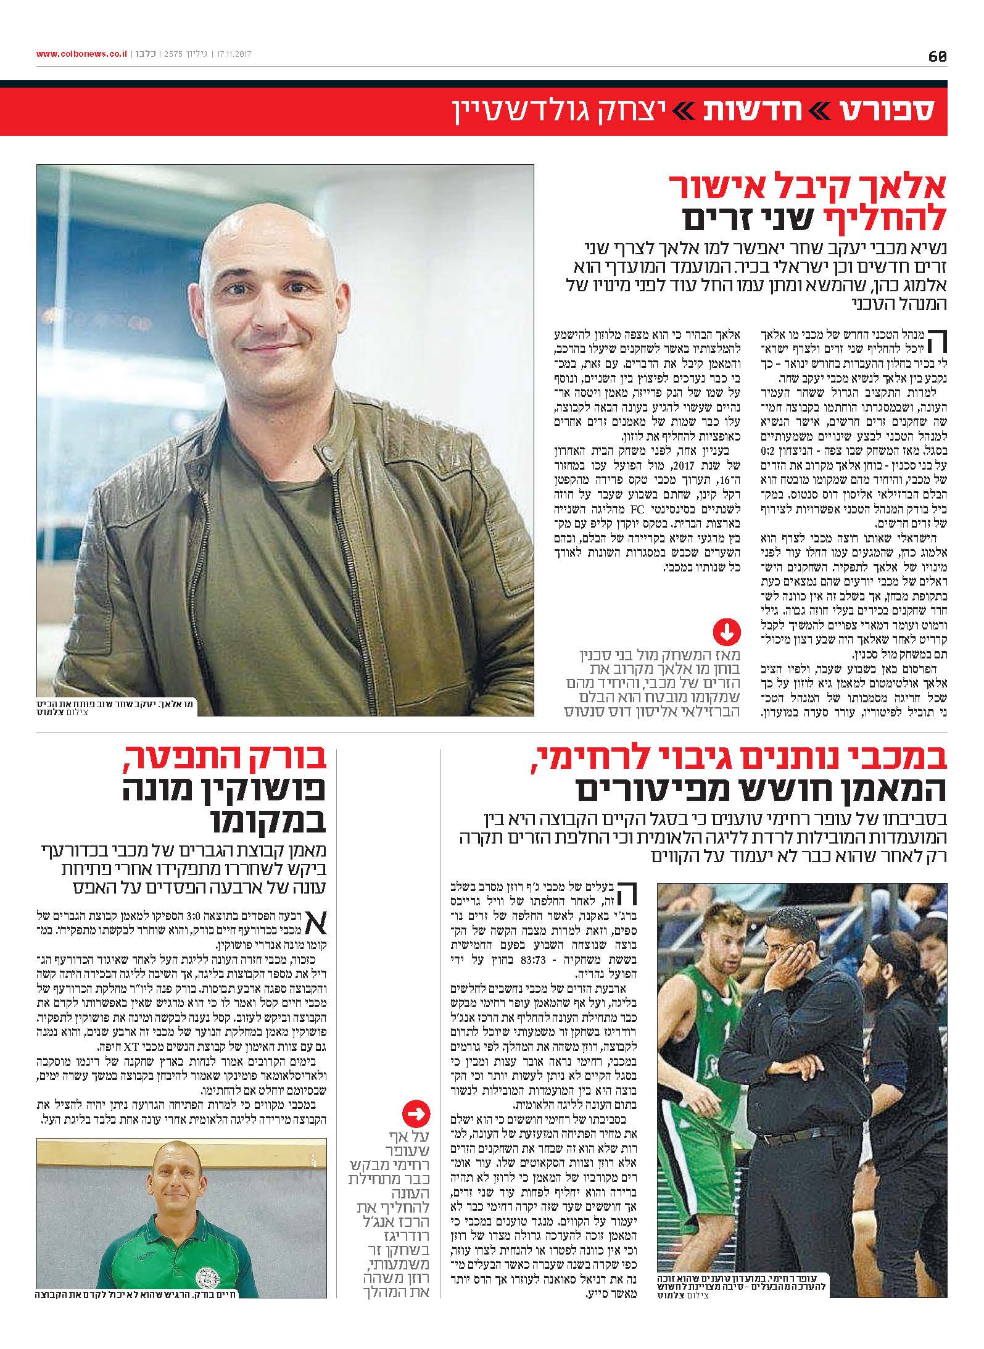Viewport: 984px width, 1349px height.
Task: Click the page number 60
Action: [x=936, y=56]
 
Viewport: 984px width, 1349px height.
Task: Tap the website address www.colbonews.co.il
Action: [x=81, y=54]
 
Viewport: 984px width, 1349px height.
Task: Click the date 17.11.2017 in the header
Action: [x=234, y=54]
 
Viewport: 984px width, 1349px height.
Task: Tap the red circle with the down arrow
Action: [x=726, y=632]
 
